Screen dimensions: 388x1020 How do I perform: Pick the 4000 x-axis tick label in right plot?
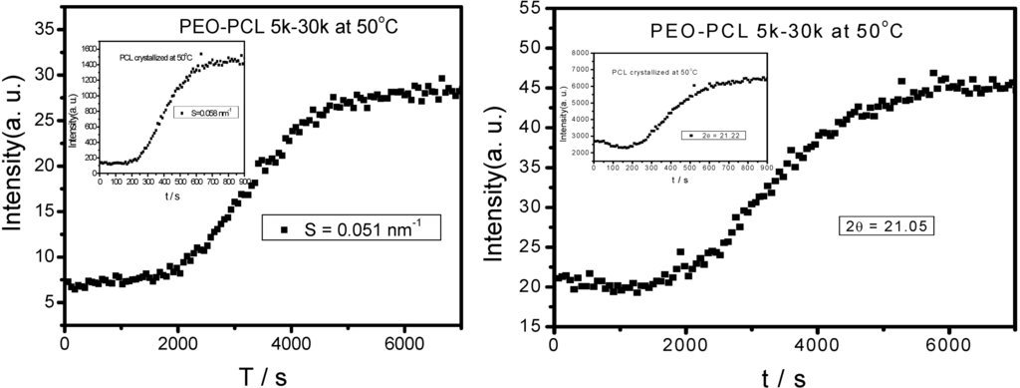click(x=817, y=345)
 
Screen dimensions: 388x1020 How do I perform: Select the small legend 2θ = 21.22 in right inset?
click(x=714, y=134)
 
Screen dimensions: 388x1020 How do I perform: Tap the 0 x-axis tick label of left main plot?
click(x=64, y=344)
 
